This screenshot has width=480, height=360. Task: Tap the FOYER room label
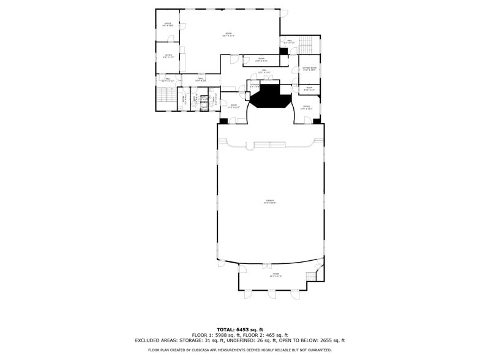coord(276,275)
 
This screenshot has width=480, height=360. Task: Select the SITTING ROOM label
coord(309,69)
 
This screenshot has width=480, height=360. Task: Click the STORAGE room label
coord(254,85)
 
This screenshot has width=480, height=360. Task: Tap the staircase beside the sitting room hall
coord(307,45)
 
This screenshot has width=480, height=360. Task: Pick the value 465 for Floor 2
coord(271,336)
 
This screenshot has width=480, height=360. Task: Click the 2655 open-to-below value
coord(322,340)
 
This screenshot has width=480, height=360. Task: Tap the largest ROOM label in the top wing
coord(228,34)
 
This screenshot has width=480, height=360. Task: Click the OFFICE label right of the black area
coord(307,107)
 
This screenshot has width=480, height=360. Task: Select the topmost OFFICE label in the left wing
coord(168,24)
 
